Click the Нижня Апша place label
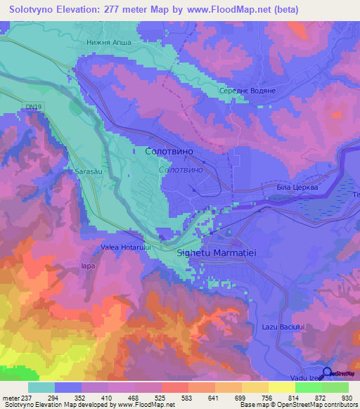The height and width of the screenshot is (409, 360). tap(108, 41)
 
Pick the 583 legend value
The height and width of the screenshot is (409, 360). tap(188, 398)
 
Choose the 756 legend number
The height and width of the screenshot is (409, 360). tap(268, 398)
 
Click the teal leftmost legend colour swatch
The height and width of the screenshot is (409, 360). tap(41, 387)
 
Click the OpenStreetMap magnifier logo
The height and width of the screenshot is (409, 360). tap(326, 372)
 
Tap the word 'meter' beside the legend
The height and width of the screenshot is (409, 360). tap(11, 398)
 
